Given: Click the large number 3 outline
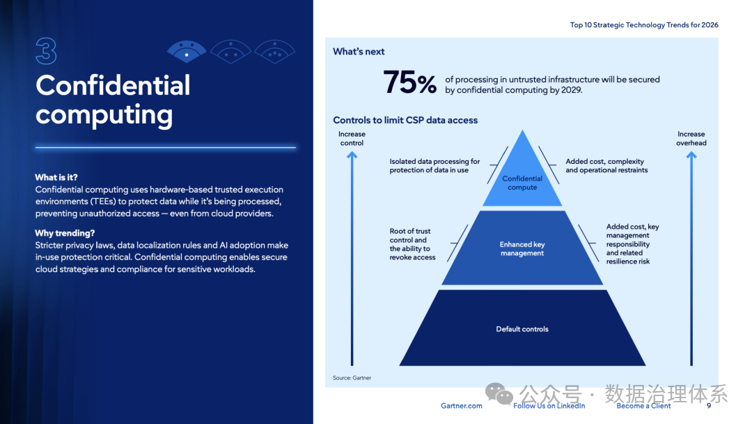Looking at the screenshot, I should (46, 51).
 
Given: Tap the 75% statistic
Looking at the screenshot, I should (410, 84).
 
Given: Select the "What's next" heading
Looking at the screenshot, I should (359, 52).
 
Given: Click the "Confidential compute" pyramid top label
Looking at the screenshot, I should (522, 183).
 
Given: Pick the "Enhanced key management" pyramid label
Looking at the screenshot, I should (522, 249).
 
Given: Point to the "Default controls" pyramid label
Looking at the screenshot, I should (522, 329).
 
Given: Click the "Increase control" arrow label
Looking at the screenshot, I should (352, 138).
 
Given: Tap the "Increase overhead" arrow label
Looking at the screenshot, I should (691, 138).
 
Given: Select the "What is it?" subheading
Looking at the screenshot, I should (56, 177).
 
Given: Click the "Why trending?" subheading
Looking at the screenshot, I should (65, 233).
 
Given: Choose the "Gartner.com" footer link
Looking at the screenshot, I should (461, 406).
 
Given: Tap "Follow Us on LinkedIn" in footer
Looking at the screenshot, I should (549, 406).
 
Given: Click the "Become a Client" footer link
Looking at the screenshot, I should (643, 406).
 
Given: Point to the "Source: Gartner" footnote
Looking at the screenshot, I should (352, 378).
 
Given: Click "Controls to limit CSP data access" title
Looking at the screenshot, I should (405, 120).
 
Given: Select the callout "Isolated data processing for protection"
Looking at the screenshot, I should (434, 166).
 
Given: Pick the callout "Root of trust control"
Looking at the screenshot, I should (412, 244).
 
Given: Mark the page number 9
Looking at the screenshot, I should (709, 406).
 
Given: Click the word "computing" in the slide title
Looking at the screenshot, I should (104, 114).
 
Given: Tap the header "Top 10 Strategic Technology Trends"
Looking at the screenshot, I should (644, 25).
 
